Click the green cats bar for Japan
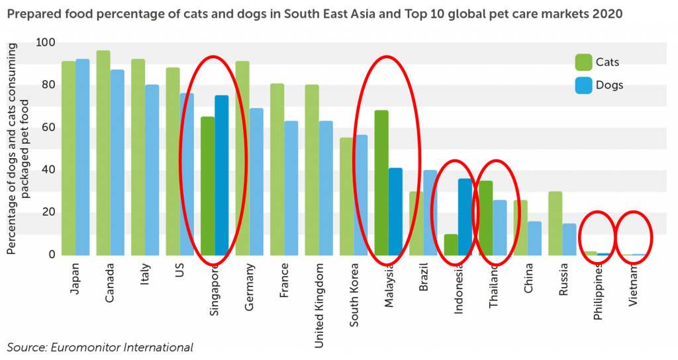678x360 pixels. pyautogui.click(x=68, y=158)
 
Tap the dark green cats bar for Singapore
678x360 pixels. pyautogui.click(x=207, y=186)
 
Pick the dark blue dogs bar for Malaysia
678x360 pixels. pyautogui.click(x=395, y=212)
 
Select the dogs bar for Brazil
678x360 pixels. pyautogui.click(x=430, y=212)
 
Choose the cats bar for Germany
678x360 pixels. pyautogui.click(x=242, y=158)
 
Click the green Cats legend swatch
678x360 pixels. pyautogui.click(x=583, y=62)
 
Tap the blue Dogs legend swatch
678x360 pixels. pyautogui.click(x=583, y=85)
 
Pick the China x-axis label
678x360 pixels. pyautogui.click(x=529, y=278)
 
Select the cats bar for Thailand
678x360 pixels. pyautogui.click(x=486, y=218)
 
